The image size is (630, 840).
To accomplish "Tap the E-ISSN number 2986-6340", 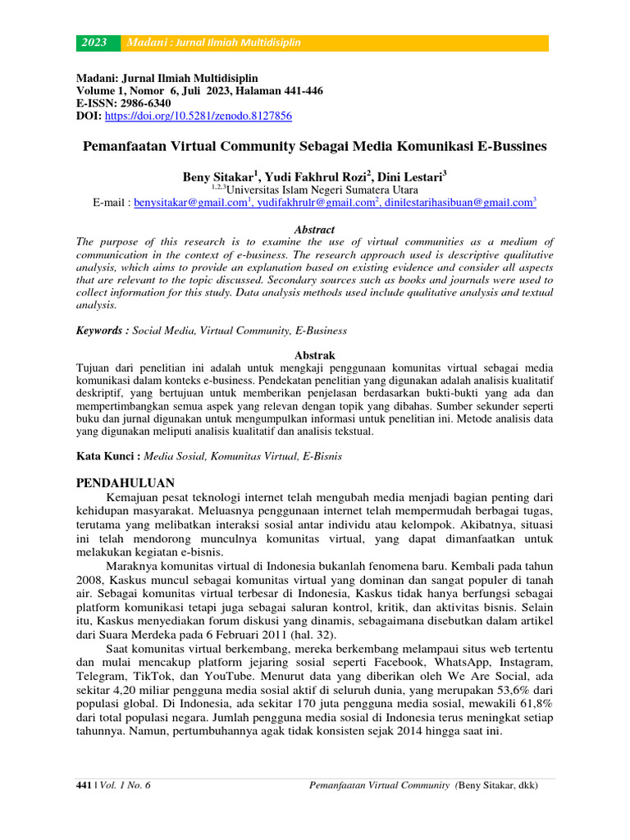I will pos(144,104).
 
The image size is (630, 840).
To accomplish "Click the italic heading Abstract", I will pos(314,231).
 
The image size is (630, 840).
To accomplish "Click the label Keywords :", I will pos(103,331).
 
